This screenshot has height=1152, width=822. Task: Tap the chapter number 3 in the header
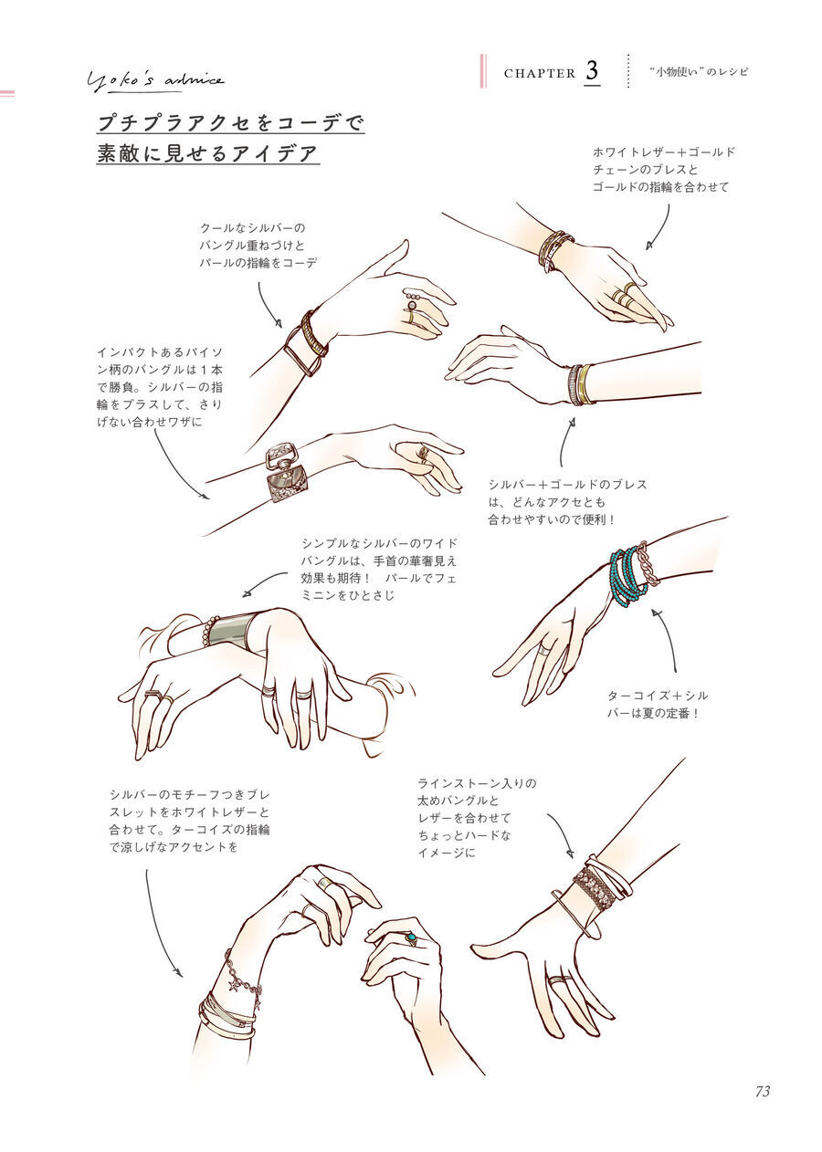point(592,71)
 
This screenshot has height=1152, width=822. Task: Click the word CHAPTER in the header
point(540,74)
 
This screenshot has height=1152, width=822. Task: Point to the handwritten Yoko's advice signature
point(155,81)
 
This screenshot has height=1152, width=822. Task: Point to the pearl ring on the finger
point(411,305)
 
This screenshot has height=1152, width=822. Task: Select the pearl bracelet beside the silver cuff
point(208,632)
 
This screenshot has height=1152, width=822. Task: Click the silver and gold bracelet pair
point(581,384)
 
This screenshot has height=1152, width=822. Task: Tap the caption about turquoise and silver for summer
point(658,704)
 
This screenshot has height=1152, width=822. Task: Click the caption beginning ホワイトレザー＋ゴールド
point(663,169)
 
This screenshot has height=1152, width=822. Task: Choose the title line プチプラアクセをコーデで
point(230,123)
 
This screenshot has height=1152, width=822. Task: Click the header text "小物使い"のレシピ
point(699,72)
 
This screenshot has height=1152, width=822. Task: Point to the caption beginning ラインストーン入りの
point(476,821)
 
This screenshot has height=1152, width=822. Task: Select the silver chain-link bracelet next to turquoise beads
point(648,565)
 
